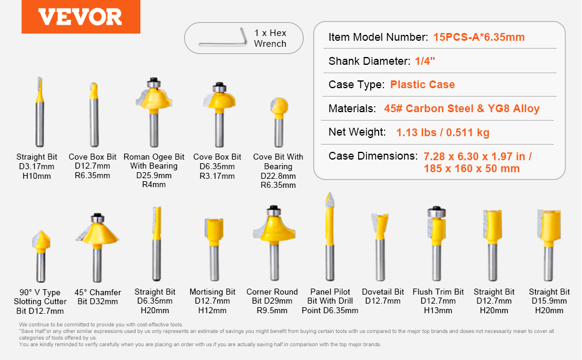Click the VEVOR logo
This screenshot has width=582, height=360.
point(80,17)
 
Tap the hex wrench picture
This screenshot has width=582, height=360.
point(223,37)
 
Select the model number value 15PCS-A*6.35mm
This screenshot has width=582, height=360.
point(479,37)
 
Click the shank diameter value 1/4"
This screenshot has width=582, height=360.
point(425,61)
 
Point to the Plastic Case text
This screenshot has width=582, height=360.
point(422,85)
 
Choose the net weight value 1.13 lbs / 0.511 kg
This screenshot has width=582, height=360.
point(443,133)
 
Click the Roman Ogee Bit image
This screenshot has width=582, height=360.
point(154,112)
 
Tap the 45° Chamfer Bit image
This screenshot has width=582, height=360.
point(97,248)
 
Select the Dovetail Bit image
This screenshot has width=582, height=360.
point(380,247)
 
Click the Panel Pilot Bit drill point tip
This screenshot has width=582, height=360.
point(329,193)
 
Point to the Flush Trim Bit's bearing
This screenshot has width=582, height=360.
point(437,212)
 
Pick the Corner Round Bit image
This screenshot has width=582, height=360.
point(274,243)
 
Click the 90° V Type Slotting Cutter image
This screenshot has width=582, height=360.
point(41,256)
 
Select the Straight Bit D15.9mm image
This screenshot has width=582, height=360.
point(548,245)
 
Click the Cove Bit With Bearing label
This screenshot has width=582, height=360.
point(278,171)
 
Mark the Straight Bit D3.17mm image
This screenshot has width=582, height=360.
point(40,112)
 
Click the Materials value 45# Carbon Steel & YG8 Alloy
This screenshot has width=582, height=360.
point(462,109)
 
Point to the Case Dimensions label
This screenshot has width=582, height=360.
point(373,156)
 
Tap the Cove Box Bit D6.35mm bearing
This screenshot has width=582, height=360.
point(219,88)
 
